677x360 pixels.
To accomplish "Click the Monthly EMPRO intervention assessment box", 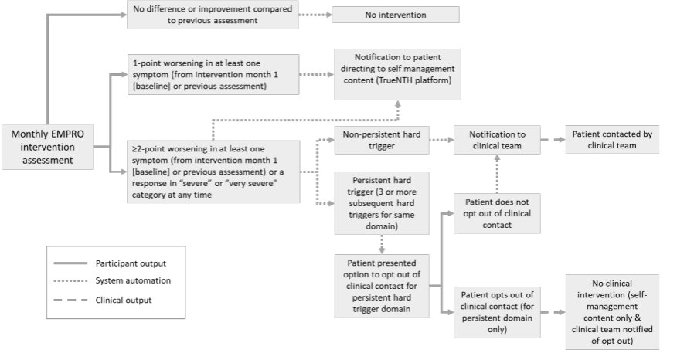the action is click(x=48, y=148).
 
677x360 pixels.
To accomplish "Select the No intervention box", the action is click(x=396, y=15).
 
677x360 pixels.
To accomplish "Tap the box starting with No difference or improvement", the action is click(x=213, y=15).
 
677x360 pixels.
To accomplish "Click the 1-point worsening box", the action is click(x=213, y=74).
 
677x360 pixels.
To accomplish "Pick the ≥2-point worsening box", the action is click(x=213, y=172).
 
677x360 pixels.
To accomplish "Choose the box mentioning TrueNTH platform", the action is click(x=398, y=74).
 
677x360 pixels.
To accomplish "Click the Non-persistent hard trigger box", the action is click(x=382, y=140).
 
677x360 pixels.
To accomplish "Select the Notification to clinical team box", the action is click(x=497, y=140).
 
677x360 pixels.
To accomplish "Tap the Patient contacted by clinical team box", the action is click(x=612, y=139).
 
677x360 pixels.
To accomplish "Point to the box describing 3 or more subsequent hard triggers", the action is click(x=382, y=203).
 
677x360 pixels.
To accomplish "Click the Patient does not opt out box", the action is click(x=497, y=213).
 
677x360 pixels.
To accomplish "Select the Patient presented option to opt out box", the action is click(x=382, y=286).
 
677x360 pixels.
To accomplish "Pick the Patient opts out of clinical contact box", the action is click(x=497, y=312).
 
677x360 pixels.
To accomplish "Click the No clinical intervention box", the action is click(x=612, y=312).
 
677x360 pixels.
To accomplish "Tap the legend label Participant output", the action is click(x=131, y=263).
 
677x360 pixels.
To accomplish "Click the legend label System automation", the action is click(x=133, y=280).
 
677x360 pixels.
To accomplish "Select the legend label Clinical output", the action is click(x=124, y=300).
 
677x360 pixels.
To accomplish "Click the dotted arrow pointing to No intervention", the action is click(x=315, y=15).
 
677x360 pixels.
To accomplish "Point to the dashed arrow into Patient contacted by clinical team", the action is click(x=553, y=139).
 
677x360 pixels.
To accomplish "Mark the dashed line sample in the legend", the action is click(x=70, y=300).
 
